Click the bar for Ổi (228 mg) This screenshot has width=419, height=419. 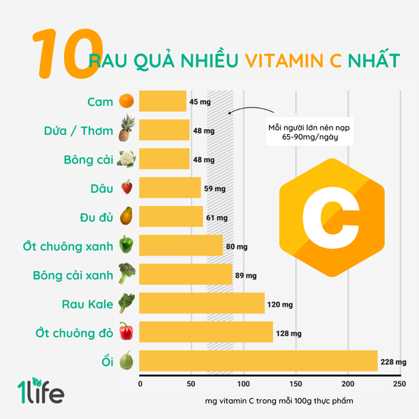258,360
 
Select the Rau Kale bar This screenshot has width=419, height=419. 202,302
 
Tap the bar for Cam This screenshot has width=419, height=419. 163,101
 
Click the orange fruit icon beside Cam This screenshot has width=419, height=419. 126,101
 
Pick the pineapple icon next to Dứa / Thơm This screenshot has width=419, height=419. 126,129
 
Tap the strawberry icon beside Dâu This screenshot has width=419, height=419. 126,187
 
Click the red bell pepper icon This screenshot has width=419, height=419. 126,331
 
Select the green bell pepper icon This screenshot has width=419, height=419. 126,244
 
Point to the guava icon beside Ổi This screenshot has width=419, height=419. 126,360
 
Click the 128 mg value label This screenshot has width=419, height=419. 288,334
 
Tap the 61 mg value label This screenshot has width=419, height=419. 218,218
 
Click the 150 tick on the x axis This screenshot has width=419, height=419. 295,384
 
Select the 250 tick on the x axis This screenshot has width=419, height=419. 399,384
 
